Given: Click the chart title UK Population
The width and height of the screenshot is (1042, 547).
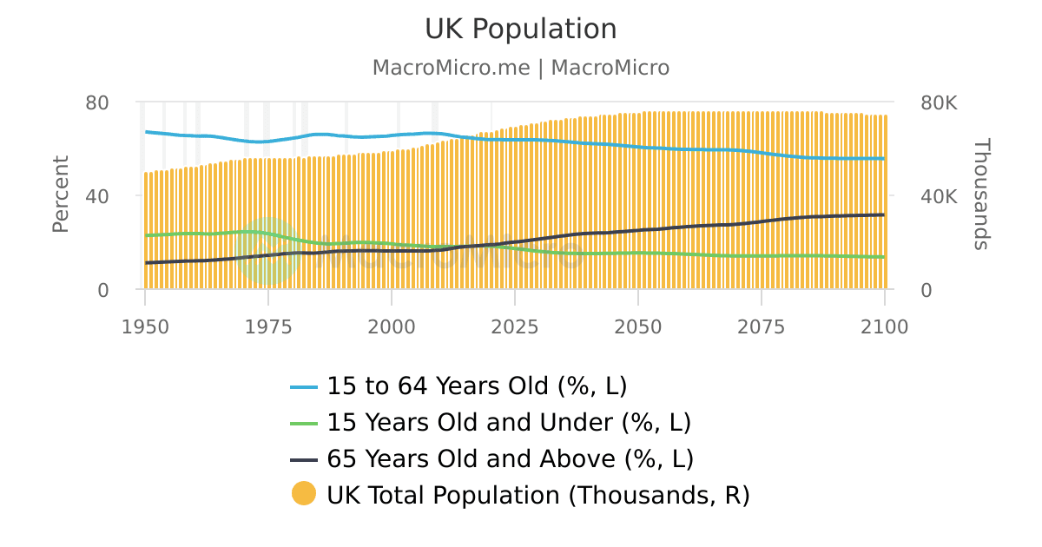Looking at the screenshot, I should [x=520, y=29].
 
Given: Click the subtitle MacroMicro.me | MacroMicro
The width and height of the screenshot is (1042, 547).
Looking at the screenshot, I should [x=520, y=68].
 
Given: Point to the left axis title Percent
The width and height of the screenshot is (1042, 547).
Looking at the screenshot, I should [x=60, y=194].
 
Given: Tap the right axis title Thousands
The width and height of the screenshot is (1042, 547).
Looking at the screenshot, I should [x=980, y=194].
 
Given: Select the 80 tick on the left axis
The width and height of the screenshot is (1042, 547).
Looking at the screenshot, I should [x=97, y=102].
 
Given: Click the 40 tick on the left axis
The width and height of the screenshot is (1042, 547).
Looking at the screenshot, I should [x=97, y=196].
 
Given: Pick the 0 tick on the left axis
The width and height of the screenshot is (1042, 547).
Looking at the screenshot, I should [x=103, y=290].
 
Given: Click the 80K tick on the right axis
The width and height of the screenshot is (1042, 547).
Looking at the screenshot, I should [x=939, y=102].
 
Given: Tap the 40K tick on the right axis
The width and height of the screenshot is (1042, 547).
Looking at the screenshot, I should [x=939, y=196].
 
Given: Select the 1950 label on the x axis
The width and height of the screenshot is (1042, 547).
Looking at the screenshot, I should [x=145, y=327].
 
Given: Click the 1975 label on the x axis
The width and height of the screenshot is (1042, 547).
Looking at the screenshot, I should [x=268, y=327].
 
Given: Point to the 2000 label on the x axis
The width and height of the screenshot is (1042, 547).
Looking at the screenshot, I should [x=392, y=327].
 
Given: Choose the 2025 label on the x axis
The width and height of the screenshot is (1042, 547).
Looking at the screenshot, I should [x=515, y=327].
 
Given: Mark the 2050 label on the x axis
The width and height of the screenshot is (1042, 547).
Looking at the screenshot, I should [x=638, y=327].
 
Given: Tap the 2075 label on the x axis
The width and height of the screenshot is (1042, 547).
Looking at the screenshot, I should [x=762, y=327].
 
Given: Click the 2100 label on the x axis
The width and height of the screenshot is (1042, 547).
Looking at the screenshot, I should [x=884, y=327].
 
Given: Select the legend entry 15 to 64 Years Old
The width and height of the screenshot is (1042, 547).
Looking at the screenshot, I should [x=476, y=386].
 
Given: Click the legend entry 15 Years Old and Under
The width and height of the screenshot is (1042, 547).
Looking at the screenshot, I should [x=508, y=422].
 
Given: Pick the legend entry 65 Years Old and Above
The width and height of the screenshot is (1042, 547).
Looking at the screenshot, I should [x=510, y=458].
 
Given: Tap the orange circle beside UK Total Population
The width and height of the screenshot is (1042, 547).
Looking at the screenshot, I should [x=304, y=494].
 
